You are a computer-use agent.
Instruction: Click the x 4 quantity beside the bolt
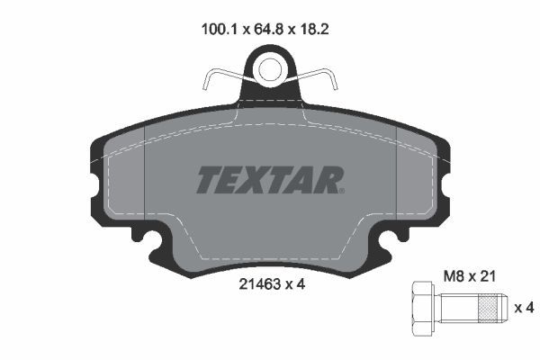coord(525,308)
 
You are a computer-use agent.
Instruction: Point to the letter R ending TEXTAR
coord(330,180)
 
